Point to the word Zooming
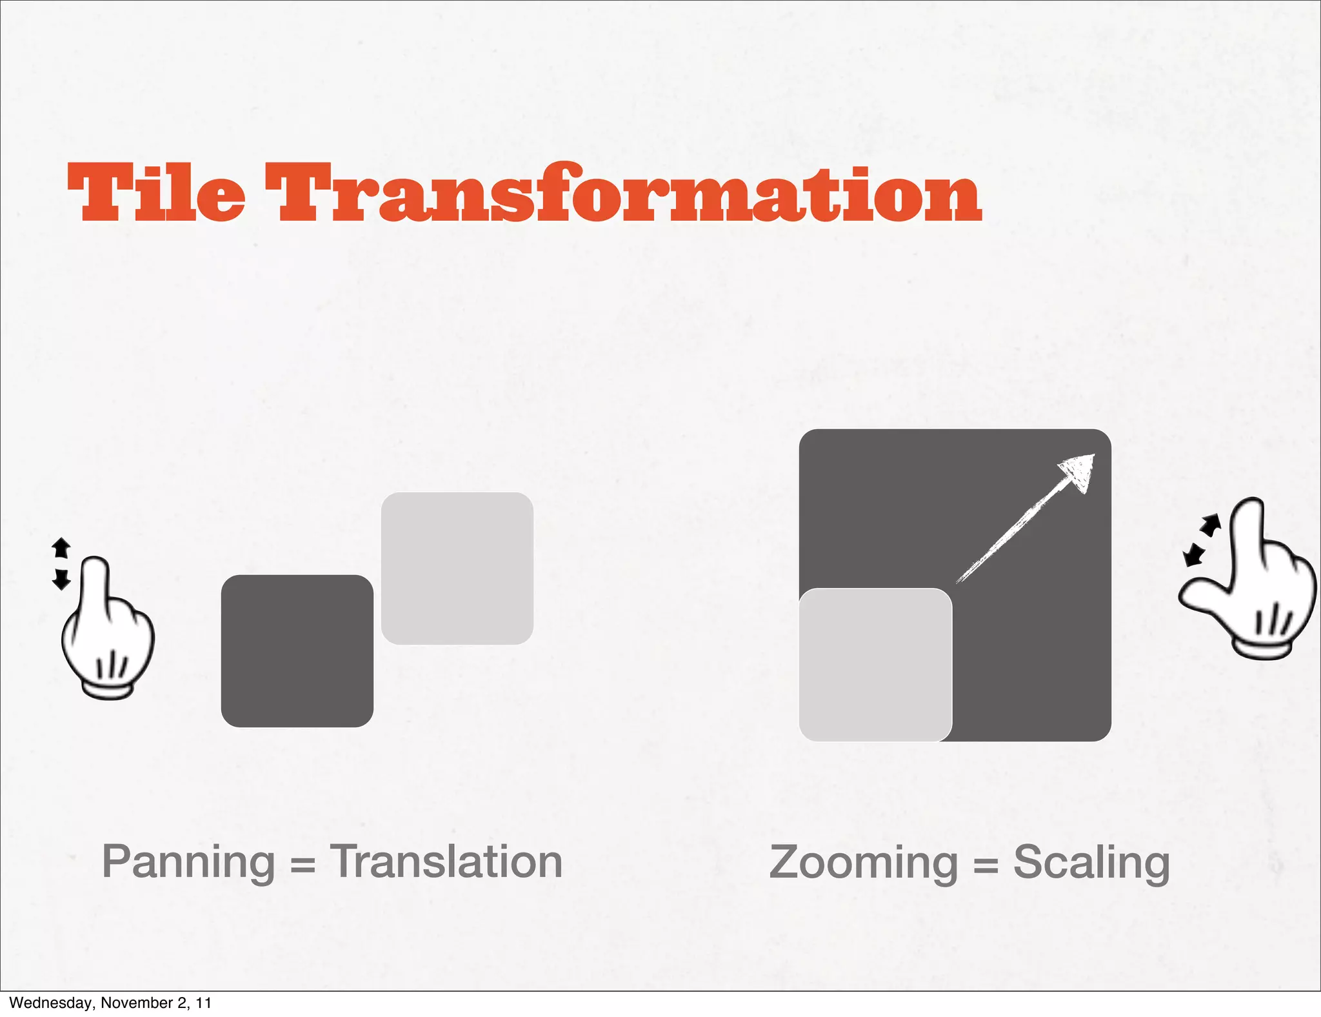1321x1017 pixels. click(x=864, y=863)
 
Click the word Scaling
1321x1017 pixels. click(x=1091, y=863)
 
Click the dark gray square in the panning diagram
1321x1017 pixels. click(x=297, y=650)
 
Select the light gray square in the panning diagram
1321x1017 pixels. click(x=457, y=568)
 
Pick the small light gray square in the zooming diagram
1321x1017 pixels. click(x=875, y=665)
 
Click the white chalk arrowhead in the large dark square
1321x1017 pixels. click(x=1079, y=472)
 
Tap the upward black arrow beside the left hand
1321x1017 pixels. click(x=61, y=548)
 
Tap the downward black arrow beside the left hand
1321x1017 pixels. click(x=61, y=579)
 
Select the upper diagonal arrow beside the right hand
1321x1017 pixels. click(x=1211, y=525)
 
